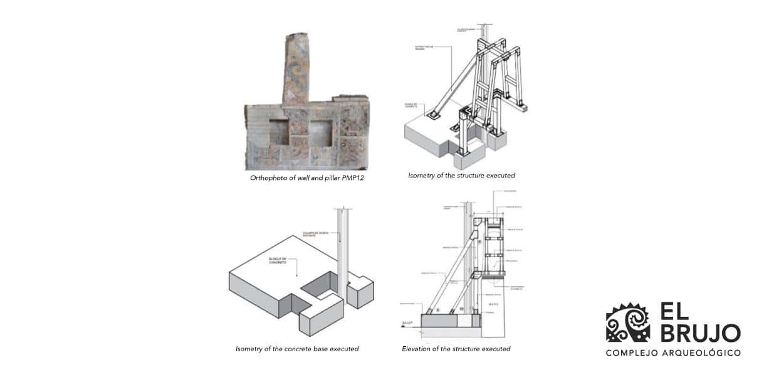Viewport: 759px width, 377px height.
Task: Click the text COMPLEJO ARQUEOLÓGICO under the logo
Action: coord(673,353)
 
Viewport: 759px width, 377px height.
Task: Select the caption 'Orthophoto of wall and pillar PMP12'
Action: coord(307,178)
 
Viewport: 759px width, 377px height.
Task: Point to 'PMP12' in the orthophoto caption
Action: coord(353,178)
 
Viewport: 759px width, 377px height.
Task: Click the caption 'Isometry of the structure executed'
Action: coord(461,176)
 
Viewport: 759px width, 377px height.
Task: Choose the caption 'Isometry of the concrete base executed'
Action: coord(297,349)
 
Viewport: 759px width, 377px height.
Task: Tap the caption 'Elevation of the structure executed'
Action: coord(456,349)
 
